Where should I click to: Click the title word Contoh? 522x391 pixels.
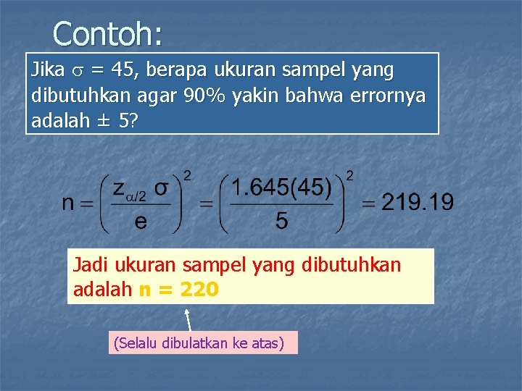tap(107, 33)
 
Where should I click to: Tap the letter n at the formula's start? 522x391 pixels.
tap(69, 203)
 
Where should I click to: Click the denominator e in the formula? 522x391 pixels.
tap(141, 221)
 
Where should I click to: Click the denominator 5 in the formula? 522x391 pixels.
tap(281, 221)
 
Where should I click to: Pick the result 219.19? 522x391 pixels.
tap(417, 202)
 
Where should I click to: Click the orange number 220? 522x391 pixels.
tap(198, 290)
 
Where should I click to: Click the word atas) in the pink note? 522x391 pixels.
tap(267, 342)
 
